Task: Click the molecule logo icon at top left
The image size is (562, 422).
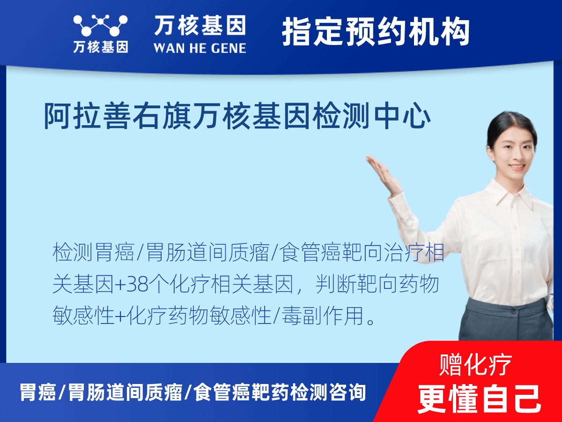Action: coord(100,26)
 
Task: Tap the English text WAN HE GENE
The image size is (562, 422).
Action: coord(200,48)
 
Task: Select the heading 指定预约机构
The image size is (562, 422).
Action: coord(376,32)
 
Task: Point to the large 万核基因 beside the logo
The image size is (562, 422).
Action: coord(200,26)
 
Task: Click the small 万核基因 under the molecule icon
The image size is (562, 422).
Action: coord(100,47)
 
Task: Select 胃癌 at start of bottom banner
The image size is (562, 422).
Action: coord(38,392)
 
